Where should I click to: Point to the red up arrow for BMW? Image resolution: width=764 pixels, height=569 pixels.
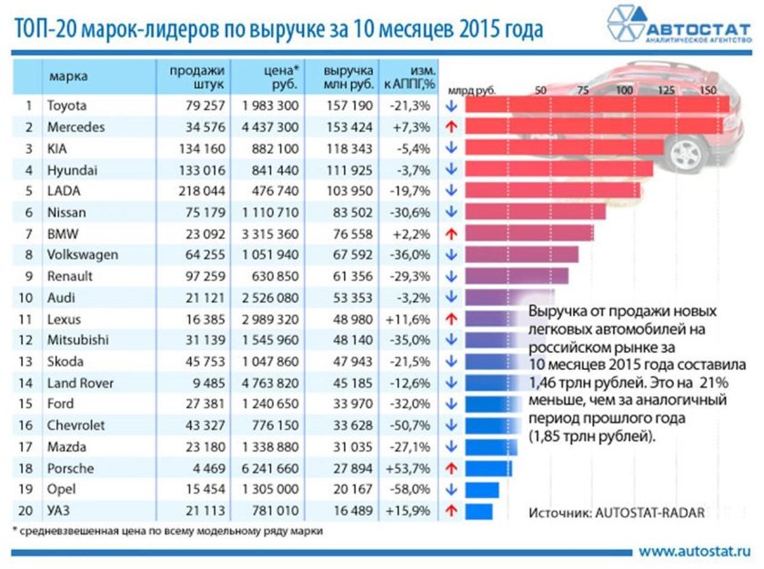pyautogui.click(x=450, y=234)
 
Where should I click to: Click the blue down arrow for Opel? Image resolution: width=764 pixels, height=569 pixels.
pyautogui.click(x=450, y=490)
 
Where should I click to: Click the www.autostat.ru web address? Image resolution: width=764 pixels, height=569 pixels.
pyautogui.click(x=696, y=551)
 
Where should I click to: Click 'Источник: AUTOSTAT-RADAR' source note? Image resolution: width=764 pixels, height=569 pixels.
pyautogui.click(x=616, y=513)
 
